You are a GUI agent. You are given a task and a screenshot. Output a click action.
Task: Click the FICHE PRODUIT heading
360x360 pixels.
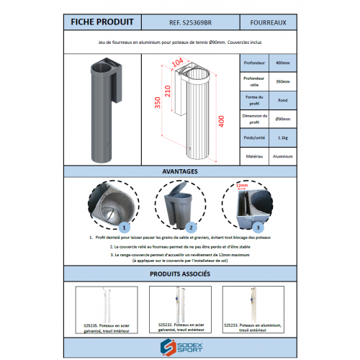click(100, 23)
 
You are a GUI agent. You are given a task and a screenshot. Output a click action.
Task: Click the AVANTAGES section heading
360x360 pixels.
click(180, 172)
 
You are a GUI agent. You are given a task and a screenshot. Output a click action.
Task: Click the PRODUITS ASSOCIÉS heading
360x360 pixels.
click(180, 274)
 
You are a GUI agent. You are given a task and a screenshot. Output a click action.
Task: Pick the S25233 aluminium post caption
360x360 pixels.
click(251, 328)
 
